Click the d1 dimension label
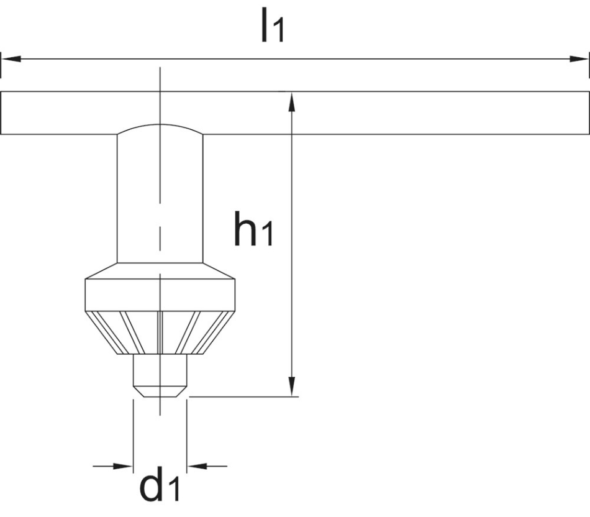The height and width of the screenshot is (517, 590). point(160,486)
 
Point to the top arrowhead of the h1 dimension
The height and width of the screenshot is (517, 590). point(291,99)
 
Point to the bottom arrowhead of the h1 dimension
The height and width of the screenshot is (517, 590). point(291,388)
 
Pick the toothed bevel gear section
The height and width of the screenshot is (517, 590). point(160,332)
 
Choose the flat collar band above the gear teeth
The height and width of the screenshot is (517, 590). point(160,295)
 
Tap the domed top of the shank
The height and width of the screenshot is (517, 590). point(160,129)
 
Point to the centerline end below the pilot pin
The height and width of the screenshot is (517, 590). point(160,406)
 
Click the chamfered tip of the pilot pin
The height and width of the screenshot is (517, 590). point(160,391)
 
